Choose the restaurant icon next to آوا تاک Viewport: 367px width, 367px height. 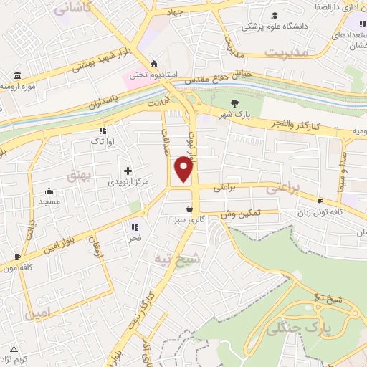coord(103,130)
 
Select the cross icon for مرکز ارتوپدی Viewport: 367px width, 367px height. coord(128,171)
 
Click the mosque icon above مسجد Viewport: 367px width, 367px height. coord(49,191)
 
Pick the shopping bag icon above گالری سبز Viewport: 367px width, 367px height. coord(189,209)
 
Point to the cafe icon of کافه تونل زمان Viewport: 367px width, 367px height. coord(320,201)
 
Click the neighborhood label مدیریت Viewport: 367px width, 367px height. coord(285,53)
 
